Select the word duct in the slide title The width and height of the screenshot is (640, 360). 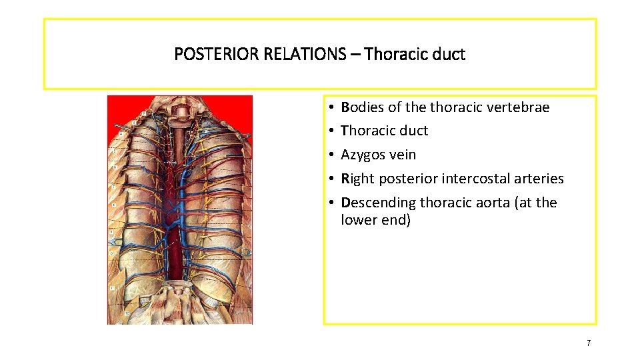tap(449, 54)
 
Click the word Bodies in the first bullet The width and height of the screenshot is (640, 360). tap(361, 107)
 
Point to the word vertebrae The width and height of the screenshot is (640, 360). tap(518, 107)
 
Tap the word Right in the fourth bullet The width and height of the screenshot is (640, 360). tap(357, 179)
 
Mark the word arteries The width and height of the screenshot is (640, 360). tap(539, 179)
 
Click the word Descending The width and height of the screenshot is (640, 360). tap(374, 203)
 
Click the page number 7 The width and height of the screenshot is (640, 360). tap(588, 343)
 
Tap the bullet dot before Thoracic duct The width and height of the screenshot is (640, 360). tap(331, 131)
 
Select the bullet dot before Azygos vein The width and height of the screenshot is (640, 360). tap(331, 155)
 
